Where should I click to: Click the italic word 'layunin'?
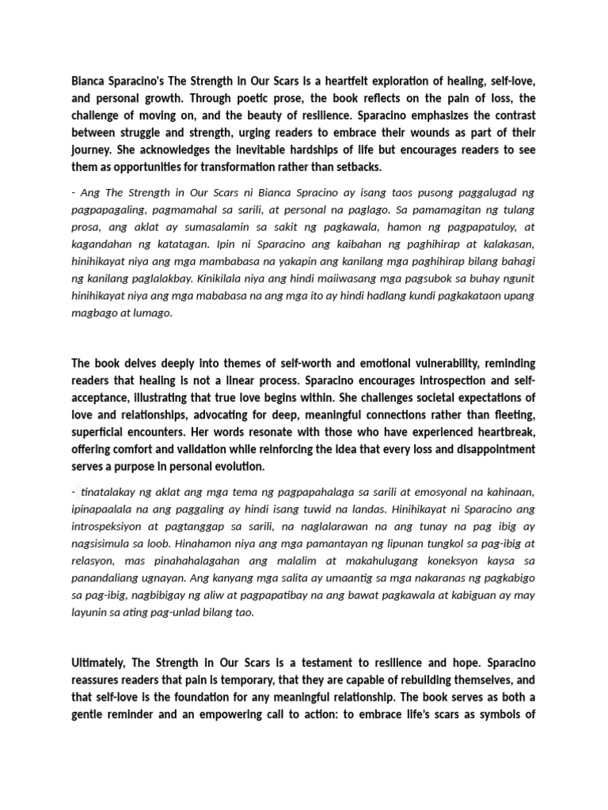[89, 613]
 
